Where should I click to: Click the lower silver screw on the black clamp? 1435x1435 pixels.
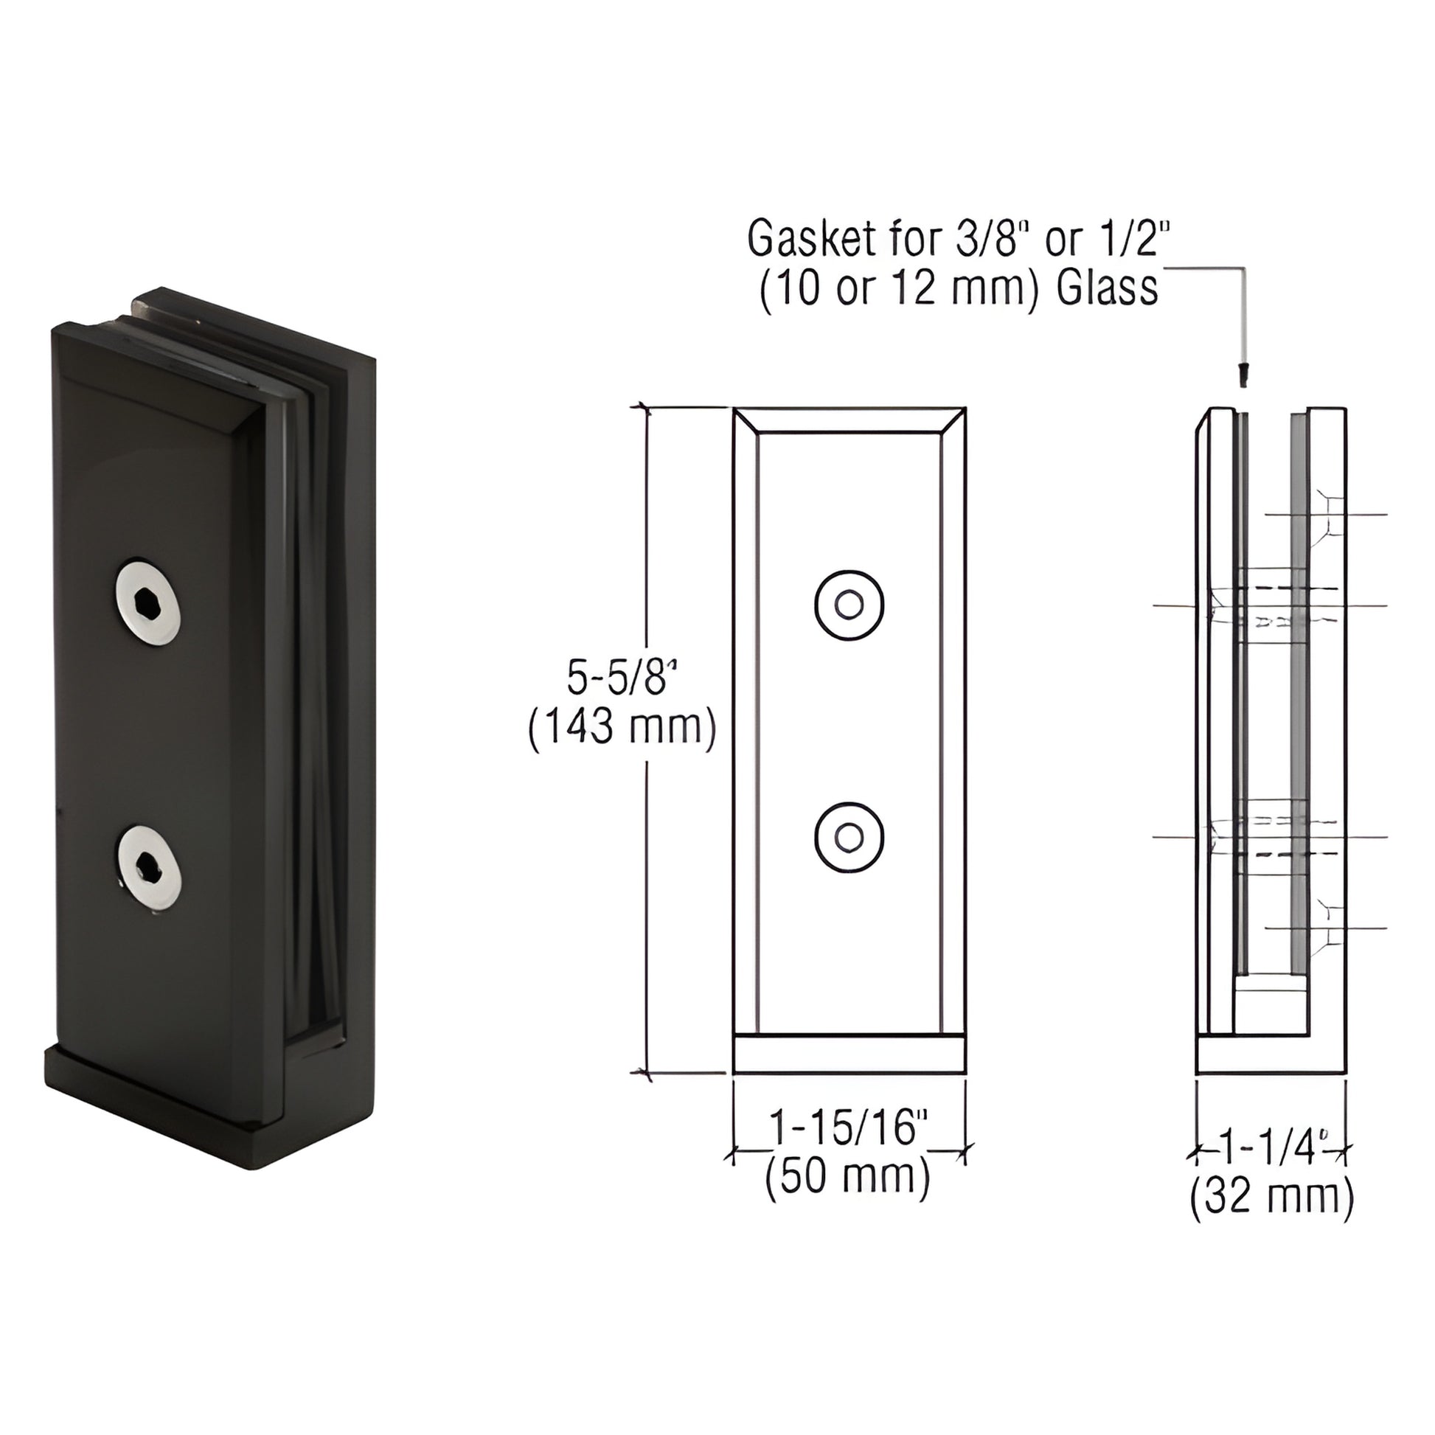click(x=149, y=867)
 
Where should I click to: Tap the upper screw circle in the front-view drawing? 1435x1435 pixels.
click(x=849, y=605)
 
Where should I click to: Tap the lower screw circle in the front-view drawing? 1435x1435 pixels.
click(x=849, y=837)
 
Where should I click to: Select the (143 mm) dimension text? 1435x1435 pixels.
click(x=622, y=728)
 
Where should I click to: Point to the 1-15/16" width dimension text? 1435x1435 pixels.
click(x=849, y=1128)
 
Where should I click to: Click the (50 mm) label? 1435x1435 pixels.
click(x=847, y=1177)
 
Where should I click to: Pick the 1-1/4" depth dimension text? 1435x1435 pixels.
click(x=1271, y=1150)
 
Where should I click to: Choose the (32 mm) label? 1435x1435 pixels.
click(x=1271, y=1198)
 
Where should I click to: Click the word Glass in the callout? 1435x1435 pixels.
click(x=1107, y=289)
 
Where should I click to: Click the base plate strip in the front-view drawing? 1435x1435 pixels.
click(x=849, y=1054)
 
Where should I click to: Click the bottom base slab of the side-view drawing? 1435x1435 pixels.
click(x=1271, y=1054)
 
